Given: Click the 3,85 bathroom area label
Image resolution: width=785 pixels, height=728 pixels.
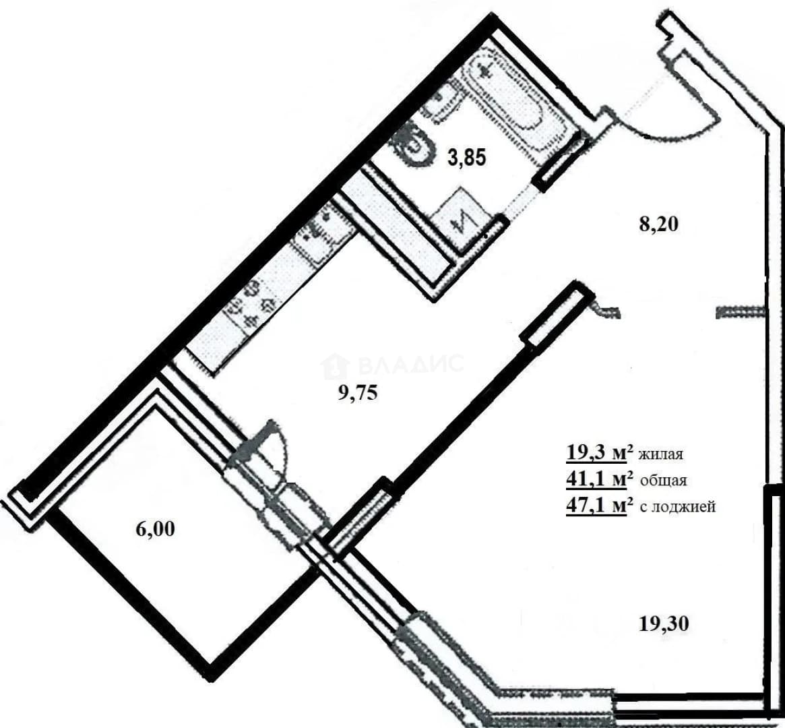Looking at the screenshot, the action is [x=467, y=158].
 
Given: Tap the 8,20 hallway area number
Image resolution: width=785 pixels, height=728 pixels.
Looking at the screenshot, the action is [x=659, y=224].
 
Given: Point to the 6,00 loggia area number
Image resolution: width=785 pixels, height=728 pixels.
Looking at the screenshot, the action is [x=155, y=528].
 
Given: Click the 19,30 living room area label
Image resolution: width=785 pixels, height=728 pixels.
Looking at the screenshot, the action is [x=664, y=624].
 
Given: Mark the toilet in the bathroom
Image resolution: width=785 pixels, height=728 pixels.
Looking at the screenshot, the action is [x=414, y=145].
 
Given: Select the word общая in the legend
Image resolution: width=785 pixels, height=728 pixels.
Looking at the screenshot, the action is [x=663, y=481].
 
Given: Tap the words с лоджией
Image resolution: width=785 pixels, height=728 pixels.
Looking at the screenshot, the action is [x=678, y=507].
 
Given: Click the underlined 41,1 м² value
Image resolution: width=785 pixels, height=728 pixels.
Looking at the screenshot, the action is [x=596, y=480].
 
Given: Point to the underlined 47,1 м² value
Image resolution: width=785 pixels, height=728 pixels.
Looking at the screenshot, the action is [x=596, y=506].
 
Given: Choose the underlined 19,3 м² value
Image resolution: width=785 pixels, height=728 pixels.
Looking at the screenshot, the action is [x=596, y=453].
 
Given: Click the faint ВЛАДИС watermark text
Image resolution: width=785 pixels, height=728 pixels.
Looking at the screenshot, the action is [x=393, y=364].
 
